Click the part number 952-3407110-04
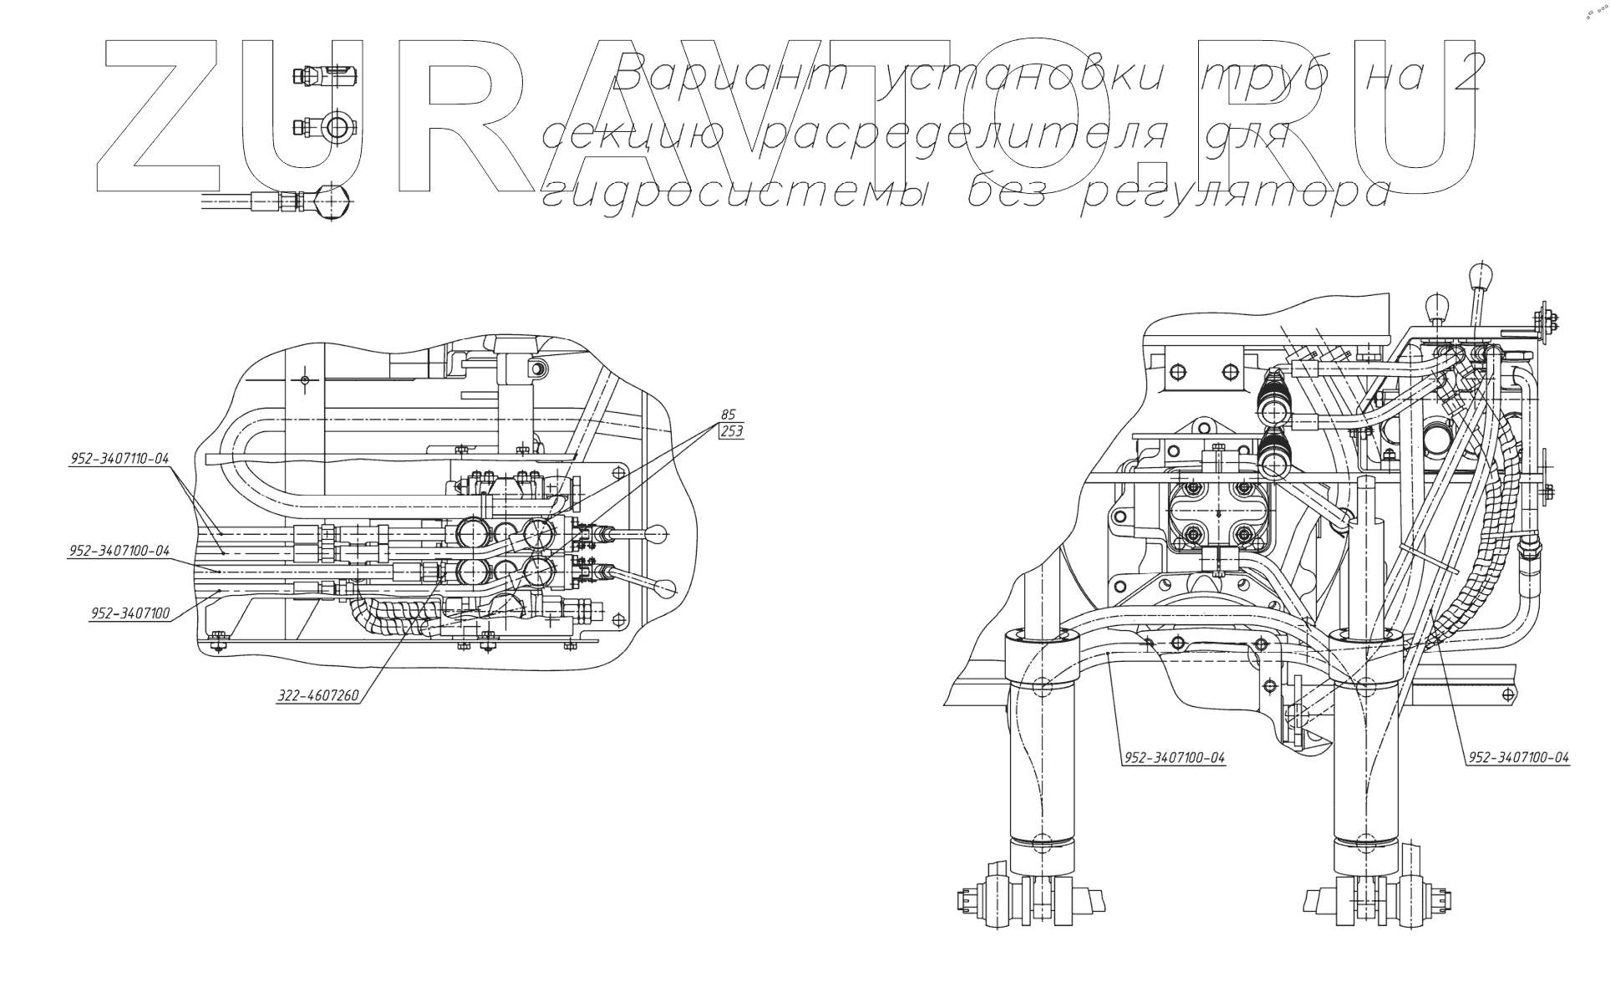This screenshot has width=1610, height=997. point(119,459)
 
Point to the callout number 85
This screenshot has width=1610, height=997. point(728,415)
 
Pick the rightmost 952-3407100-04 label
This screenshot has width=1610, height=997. point(1518,758)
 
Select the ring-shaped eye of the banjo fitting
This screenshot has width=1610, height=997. point(338,127)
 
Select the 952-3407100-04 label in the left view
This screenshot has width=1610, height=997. point(119,551)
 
